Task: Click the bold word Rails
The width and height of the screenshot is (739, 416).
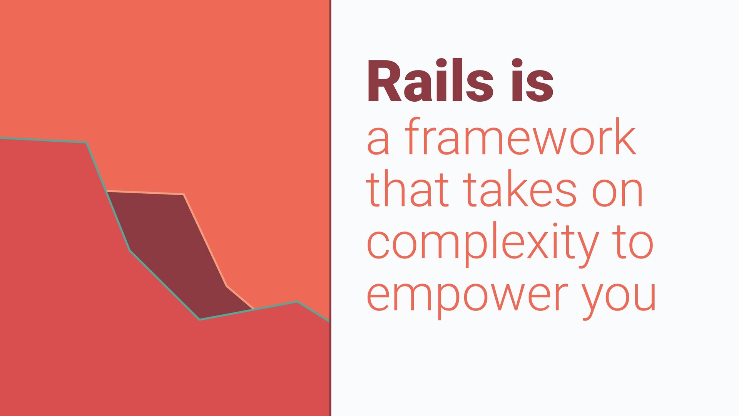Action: [x=430, y=81]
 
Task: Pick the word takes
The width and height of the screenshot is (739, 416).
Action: [x=520, y=189]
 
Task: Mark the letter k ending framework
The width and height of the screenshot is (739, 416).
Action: [x=624, y=136]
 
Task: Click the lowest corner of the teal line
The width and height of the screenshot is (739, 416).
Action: [x=199, y=319]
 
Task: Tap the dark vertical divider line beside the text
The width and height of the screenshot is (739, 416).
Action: [x=330, y=208]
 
